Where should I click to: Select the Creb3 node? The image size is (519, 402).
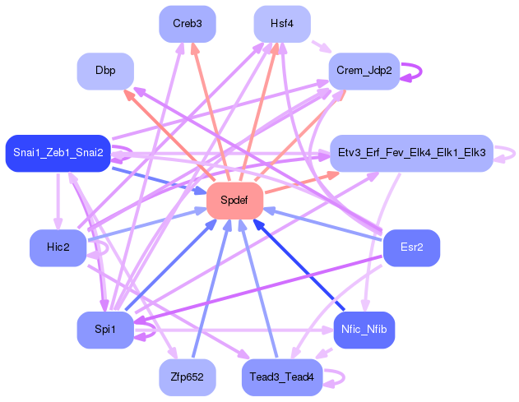pos(187,24)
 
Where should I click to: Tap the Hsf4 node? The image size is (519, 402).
pos(282,24)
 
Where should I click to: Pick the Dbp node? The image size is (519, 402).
pos(105,71)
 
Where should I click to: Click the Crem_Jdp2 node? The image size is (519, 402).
pos(364,71)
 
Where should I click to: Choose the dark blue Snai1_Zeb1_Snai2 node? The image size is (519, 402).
pos(58,153)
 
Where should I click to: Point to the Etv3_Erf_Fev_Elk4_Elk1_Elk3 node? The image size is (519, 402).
pos(410,153)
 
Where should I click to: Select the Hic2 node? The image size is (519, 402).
pos(58,247)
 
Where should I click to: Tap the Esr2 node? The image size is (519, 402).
pos(411,247)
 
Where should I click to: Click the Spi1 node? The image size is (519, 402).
pos(105,330)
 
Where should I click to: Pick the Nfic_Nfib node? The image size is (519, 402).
pos(364,330)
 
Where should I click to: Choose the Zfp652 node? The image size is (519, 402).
pos(187,377)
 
